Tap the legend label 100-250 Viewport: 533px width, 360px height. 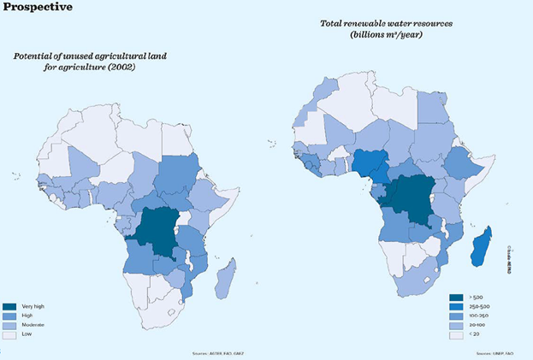click(480, 315)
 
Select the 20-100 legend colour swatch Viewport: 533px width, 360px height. click(455, 325)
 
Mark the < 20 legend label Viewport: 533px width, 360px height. click(477, 335)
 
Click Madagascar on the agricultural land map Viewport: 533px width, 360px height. click(227, 277)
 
